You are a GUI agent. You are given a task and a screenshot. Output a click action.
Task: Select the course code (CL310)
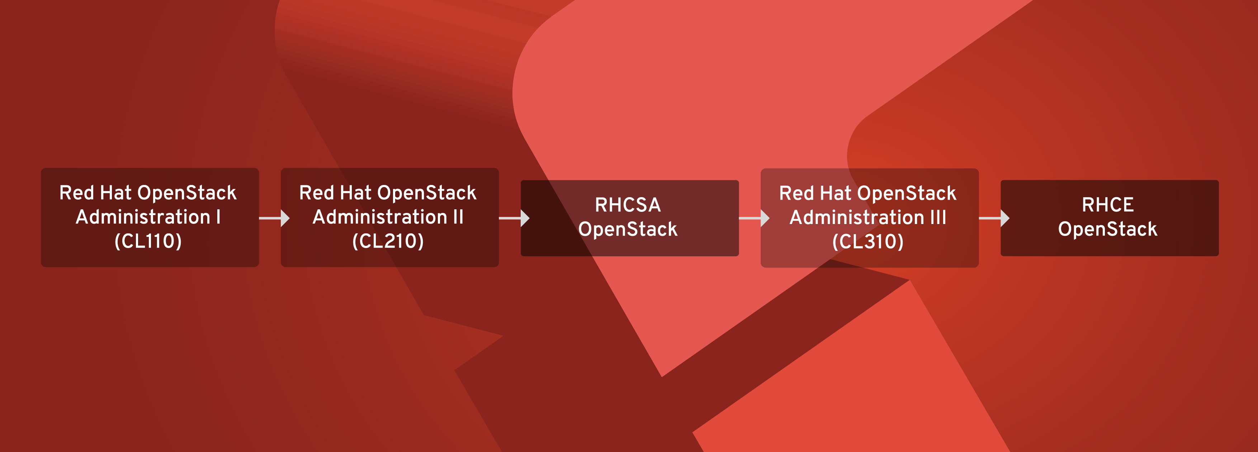click(x=868, y=242)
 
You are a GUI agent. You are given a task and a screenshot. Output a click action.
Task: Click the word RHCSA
click(x=628, y=205)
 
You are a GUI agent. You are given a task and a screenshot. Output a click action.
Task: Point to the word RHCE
click(x=1108, y=205)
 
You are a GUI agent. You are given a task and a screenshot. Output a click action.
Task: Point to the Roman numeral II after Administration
click(x=458, y=217)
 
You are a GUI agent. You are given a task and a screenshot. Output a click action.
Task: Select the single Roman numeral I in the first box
click(x=218, y=217)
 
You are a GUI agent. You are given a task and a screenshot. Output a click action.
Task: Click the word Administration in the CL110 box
click(x=143, y=217)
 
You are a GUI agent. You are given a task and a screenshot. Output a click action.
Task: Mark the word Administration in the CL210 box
click(x=379, y=217)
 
